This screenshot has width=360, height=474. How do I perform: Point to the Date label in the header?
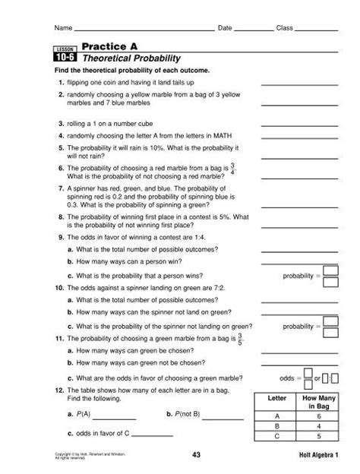224,29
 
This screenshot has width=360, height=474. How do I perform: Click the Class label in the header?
284,29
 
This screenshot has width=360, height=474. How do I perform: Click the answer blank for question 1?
290,84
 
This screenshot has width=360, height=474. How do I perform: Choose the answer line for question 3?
290,123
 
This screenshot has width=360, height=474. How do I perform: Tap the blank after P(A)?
114,416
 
